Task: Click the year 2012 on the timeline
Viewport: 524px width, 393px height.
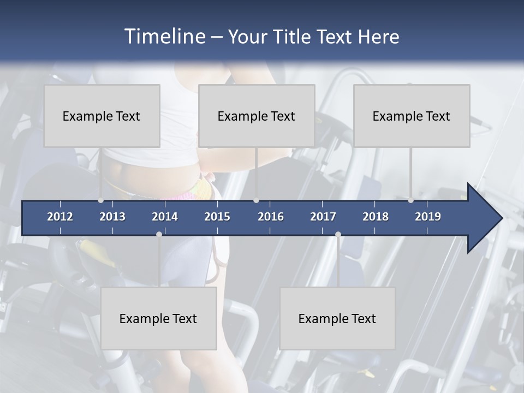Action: click(60, 217)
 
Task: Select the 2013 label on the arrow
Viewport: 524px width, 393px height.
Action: click(112, 217)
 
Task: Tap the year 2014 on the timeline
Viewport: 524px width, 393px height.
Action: click(165, 217)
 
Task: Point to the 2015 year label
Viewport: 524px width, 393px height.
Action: click(217, 217)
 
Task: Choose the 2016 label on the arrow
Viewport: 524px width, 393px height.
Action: click(271, 217)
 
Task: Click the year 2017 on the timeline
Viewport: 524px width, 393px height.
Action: click(323, 217)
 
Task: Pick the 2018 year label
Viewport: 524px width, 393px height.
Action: click(376, 217)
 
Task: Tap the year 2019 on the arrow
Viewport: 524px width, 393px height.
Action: click(428, 217)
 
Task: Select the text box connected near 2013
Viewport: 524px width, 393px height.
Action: click(102, 116)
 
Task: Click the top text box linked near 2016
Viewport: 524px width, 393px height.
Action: click(257, 116)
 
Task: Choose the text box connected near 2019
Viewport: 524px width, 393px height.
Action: click(412, 116)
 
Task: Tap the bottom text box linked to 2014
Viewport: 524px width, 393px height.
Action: click(158, 318)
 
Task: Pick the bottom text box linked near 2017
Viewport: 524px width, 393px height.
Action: click(337, 318)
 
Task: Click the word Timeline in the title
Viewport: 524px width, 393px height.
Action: click(164, 36)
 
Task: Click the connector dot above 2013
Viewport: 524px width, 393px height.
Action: click(100, 200)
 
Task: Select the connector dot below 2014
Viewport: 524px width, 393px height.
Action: click(159, 234)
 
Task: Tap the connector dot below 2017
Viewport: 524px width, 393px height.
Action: click(338, 234)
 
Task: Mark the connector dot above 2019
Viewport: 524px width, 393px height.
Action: click(410, 200)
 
